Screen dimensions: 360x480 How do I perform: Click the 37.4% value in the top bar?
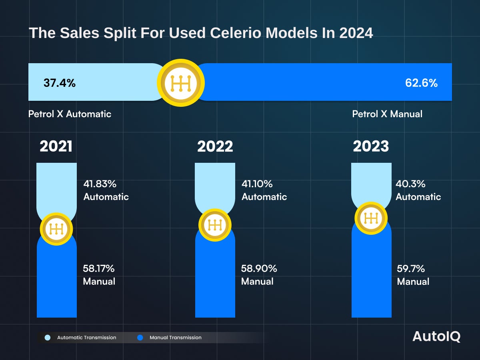(59, 83)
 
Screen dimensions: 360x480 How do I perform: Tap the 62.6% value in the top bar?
(421, 83)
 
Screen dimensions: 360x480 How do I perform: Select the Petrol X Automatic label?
(70, 114)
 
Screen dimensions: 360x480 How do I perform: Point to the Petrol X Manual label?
(387, 114)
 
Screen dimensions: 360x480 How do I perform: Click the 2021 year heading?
(56, 146)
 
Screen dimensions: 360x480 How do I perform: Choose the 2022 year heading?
(215, 146)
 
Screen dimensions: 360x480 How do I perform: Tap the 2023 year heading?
(371, 146)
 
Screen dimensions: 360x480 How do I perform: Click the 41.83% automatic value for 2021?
(100, 184)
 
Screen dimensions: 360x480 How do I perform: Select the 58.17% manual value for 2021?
(99, 268)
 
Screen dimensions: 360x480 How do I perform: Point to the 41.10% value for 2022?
(257, 184)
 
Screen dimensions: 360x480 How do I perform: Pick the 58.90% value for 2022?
(259, 268)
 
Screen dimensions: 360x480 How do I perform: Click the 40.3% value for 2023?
(410, 184)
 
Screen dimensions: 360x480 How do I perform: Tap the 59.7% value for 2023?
(411, 268)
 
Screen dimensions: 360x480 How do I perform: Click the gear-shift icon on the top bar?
(181, 83)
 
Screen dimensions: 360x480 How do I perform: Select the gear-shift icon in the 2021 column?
(56, 229)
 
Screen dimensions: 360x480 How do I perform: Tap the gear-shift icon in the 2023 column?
(371, 218)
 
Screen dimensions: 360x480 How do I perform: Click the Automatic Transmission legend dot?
(48, 338)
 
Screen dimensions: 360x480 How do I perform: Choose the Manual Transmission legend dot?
(140, 338)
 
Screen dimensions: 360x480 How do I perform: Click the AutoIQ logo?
(436, 337)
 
